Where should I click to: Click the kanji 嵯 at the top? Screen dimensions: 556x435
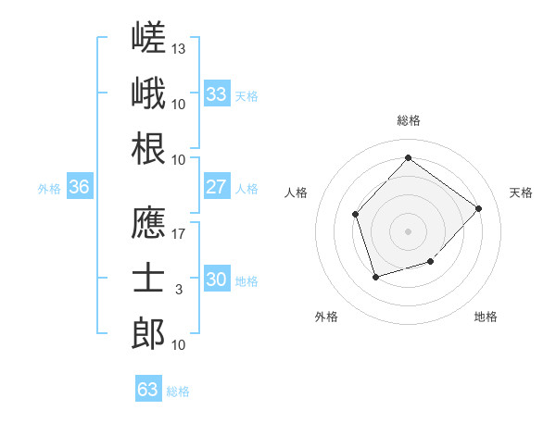click(148, 37)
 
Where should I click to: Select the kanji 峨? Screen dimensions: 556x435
click(148, 93)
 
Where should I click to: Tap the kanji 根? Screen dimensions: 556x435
click(148, 148)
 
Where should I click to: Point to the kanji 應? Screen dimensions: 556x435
click(148, 222)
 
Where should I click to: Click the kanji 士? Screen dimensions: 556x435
click(148, 278)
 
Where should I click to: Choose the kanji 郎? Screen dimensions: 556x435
click(148, 333)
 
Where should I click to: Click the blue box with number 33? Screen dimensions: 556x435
click(217, 93)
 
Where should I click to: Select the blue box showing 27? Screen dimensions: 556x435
click(217, 186)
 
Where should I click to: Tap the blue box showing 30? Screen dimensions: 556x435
click(217, 278)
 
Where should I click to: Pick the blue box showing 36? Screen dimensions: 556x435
click(80, 186)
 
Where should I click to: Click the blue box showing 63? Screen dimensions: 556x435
click(148, 388)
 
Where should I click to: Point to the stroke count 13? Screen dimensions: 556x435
click(178, 49)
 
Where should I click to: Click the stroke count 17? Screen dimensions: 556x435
click(178, 234)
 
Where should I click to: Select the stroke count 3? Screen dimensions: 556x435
click(179, 290)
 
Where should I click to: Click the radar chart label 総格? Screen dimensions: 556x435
click(409, 120)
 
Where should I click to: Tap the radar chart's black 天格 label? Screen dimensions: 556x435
click(521, 193)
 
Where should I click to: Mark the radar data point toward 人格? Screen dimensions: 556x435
click(355, 215)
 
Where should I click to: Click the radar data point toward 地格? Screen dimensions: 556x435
click(431, 261)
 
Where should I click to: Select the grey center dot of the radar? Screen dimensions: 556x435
click(408, 231)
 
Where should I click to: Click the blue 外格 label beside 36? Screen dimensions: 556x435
click(49, 189)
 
